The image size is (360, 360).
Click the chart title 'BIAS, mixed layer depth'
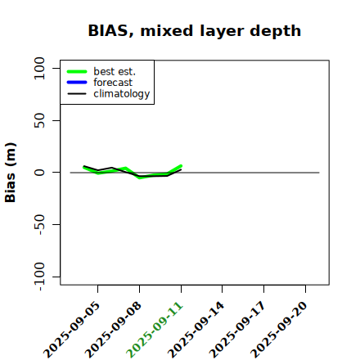coord(195,31)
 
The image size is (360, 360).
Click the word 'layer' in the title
coord(222,31)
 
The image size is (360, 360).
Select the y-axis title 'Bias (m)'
coord(11,173)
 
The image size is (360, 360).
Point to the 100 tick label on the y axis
coord(39,68)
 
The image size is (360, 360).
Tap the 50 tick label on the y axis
coord(39,120)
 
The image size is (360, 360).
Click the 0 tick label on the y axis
coord(39,173)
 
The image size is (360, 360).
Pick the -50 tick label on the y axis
coord(39,224)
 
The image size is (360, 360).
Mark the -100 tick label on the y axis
coord(39,277)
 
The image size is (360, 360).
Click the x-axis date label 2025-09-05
coord(72,330)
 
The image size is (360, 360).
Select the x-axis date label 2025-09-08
coord(113,330)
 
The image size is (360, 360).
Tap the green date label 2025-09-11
coord(155,330)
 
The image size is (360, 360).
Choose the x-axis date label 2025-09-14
coord(196,330)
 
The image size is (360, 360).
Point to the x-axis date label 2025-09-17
coord(237,330)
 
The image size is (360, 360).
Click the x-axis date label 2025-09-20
coord(279,330)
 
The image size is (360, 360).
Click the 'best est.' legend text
coord(115,71)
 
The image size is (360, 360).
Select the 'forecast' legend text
coord(113,83)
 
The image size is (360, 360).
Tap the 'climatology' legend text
coord(122,94)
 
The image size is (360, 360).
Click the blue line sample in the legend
coord(77,83)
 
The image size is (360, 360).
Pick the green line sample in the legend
coord(77,71)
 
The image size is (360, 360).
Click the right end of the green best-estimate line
coord(181,166)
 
